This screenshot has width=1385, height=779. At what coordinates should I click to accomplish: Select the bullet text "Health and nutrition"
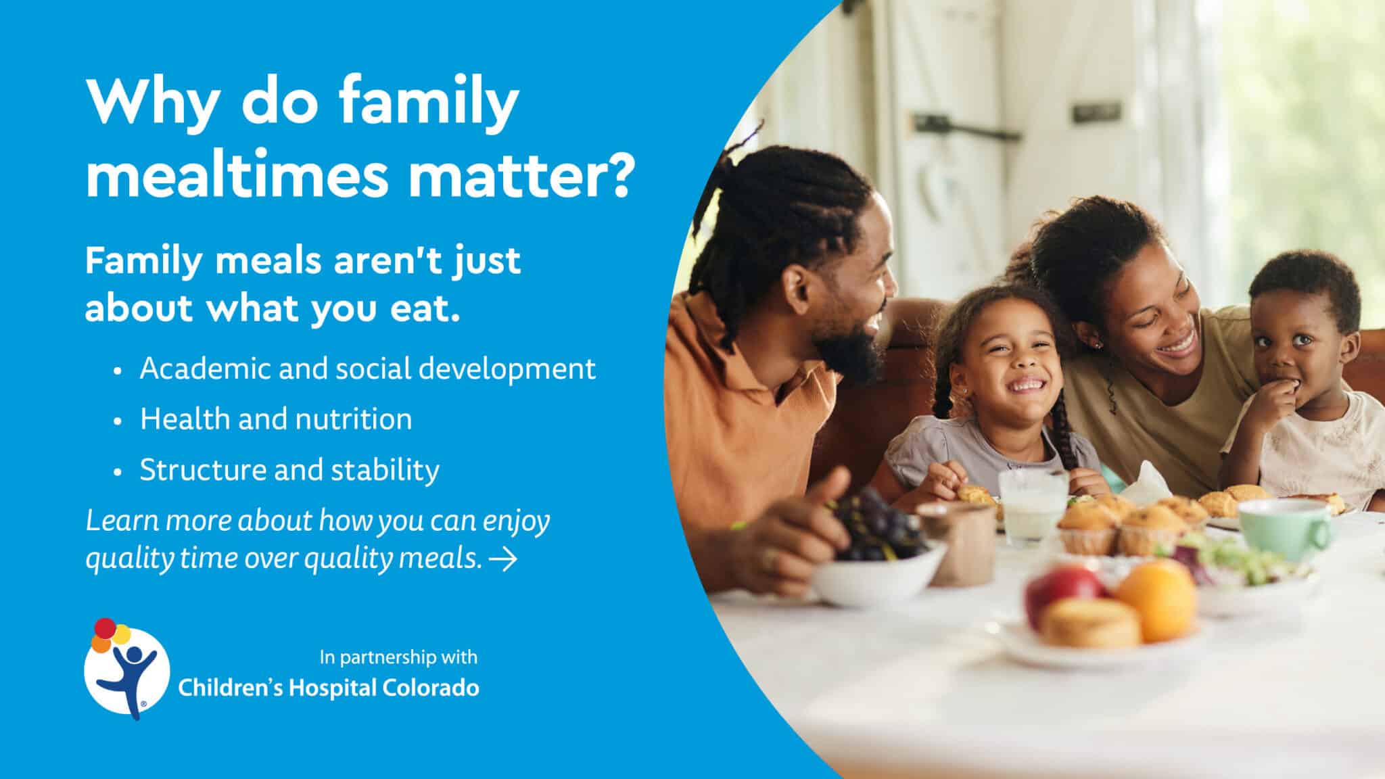[x=276, y=419]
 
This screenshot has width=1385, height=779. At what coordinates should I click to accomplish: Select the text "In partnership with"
[x=398, y=657]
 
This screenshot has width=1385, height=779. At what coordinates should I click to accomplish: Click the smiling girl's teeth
[x=1025, y=384]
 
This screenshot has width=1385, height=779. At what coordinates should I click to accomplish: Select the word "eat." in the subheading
[x=425, y=308]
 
